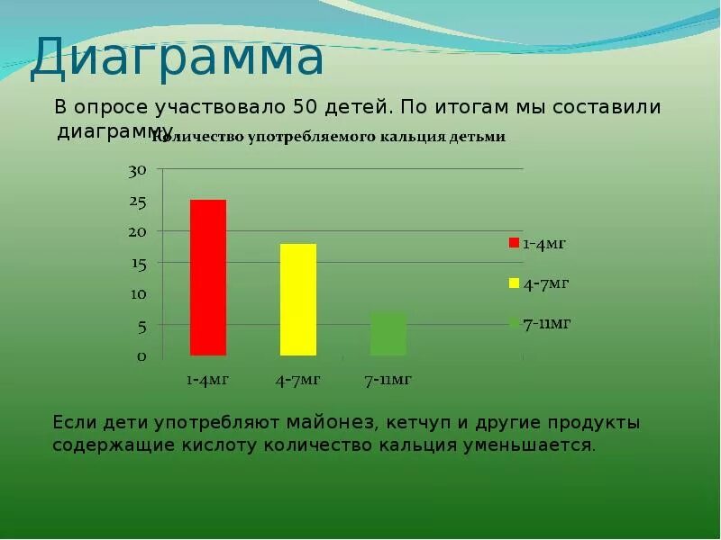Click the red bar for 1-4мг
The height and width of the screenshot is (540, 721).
(208, 277)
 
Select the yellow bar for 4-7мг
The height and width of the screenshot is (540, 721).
(298, 300)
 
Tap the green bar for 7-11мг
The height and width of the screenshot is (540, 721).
(388, 334)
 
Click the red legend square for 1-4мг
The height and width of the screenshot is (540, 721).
(514, 243)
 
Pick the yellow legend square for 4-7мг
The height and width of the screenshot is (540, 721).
(514, 283)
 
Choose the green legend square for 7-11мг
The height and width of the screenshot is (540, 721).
(514, 322)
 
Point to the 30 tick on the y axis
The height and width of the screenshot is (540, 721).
(137, 170)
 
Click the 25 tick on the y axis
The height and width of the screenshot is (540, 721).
(137, 202)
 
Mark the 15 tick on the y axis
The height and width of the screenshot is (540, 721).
(137, 264)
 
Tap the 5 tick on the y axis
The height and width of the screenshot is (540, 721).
(141, 327)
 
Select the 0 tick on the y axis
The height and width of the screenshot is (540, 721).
(141, 356)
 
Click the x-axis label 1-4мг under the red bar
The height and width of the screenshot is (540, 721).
(208, 380)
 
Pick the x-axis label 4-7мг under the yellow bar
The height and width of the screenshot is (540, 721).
(298, 380)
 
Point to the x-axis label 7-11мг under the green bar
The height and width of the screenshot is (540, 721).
(388, 380)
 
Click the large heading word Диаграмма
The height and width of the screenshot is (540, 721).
(177, 58)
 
